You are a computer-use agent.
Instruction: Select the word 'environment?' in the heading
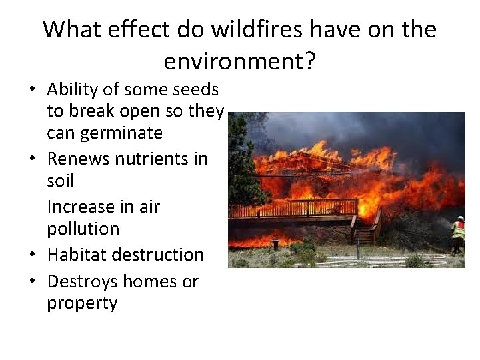[x=239, y=61]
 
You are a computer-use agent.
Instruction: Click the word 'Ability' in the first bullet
[x=73, y=89]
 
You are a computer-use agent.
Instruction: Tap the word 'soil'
[x=60, y=181]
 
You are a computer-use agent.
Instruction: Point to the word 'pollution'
[x=83, y=229]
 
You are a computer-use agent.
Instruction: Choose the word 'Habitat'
[x=76, y=255]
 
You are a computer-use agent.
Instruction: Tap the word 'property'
[x=82, y=304]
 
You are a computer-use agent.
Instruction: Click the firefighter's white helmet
[x=460, y=218]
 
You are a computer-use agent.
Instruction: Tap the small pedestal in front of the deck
[x=275, y=245]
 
